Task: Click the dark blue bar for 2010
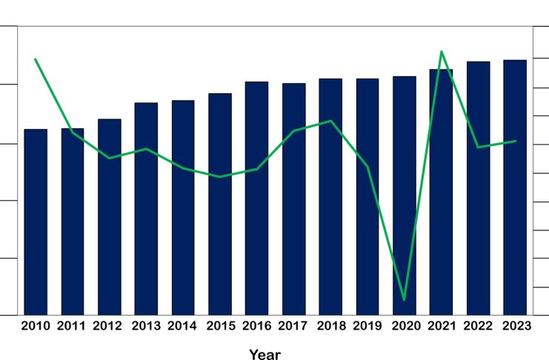[x=36, y=221]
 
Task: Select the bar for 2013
[x=146, y=208]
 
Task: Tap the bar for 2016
[x=256, y=198]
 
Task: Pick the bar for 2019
[x=367, y=196]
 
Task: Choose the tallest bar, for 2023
[x=515, y=187]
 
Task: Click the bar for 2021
[x=441, y=192]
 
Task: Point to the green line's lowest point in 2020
[x=404, y=299]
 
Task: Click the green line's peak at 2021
[x=442, y=52]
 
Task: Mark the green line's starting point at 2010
[x=36, y=59]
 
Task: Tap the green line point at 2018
[x=331, y=121]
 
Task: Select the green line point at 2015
[x=220, y=177]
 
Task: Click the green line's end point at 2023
[x=515, y=141]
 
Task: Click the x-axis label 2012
[x=109, y=326]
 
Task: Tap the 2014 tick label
[x=183, y=326]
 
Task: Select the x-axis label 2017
[x=293, y=326]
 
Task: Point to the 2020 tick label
[x=405, y=326]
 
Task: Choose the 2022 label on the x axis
[x=478, y=326]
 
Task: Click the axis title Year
[x=264, y=354]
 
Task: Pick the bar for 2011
[x=73, y=221]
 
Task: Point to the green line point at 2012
[x=109, y=158]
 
